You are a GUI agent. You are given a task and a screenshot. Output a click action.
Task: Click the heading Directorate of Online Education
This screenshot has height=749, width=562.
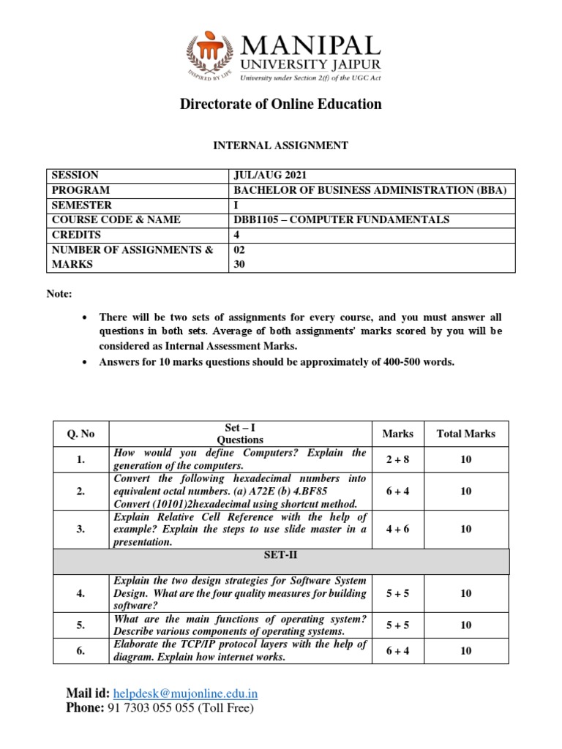(281, 104)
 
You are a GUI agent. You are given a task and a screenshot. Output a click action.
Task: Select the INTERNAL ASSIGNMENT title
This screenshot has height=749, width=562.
(280, 146)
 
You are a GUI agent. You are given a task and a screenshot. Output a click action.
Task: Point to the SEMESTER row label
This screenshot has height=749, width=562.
(80, 206)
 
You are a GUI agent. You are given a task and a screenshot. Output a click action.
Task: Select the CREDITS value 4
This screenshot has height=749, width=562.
(236, 235)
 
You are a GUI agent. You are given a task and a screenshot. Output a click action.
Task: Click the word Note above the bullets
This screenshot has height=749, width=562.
(59, 294)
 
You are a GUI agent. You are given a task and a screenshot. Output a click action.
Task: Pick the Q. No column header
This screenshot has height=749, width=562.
(80, 434)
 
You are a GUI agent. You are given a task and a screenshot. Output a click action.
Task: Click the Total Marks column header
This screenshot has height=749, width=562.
(465, 434)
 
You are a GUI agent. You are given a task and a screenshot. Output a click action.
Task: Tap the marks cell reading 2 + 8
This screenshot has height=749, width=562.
(397, 459)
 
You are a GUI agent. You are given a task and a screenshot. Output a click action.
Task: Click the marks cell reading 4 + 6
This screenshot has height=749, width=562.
(397, 529)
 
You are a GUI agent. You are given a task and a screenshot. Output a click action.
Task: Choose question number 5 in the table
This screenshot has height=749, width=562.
(80, 625)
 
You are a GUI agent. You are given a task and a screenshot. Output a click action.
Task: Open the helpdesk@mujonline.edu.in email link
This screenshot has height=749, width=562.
(186, 693)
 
